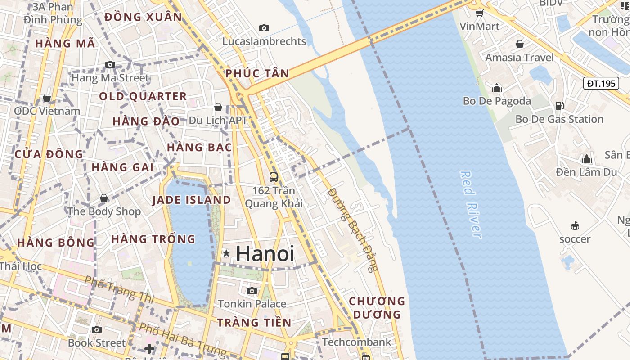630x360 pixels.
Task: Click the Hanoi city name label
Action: point(265,254)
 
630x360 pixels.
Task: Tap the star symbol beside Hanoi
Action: point(226,254)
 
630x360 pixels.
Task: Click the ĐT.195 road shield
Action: point(601,83)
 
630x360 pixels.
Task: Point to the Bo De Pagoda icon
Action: point(497,88)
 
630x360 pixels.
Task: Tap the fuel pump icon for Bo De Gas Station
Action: point(559,106)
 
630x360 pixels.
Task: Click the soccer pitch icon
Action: point(575,225)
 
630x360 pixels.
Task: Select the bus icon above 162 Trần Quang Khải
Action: point(273,177)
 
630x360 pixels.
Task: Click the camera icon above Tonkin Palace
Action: point(252,291)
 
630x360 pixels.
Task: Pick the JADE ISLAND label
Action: point(192,200)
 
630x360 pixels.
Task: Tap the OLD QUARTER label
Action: point(143,96)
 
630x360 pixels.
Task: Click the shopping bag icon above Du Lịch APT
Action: point(218,107)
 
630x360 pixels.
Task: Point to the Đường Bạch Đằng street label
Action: point(353,229)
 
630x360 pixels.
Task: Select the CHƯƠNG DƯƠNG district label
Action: point(377,307)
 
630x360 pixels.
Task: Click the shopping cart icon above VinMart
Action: point(479,13)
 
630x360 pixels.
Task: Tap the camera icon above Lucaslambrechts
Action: point(264,28)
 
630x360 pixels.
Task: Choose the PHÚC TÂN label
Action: point(257,73)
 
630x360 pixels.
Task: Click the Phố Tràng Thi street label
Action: point(119,289)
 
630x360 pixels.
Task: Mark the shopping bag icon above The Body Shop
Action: point(104,198)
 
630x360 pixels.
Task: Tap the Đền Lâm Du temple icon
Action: point(586,159)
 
